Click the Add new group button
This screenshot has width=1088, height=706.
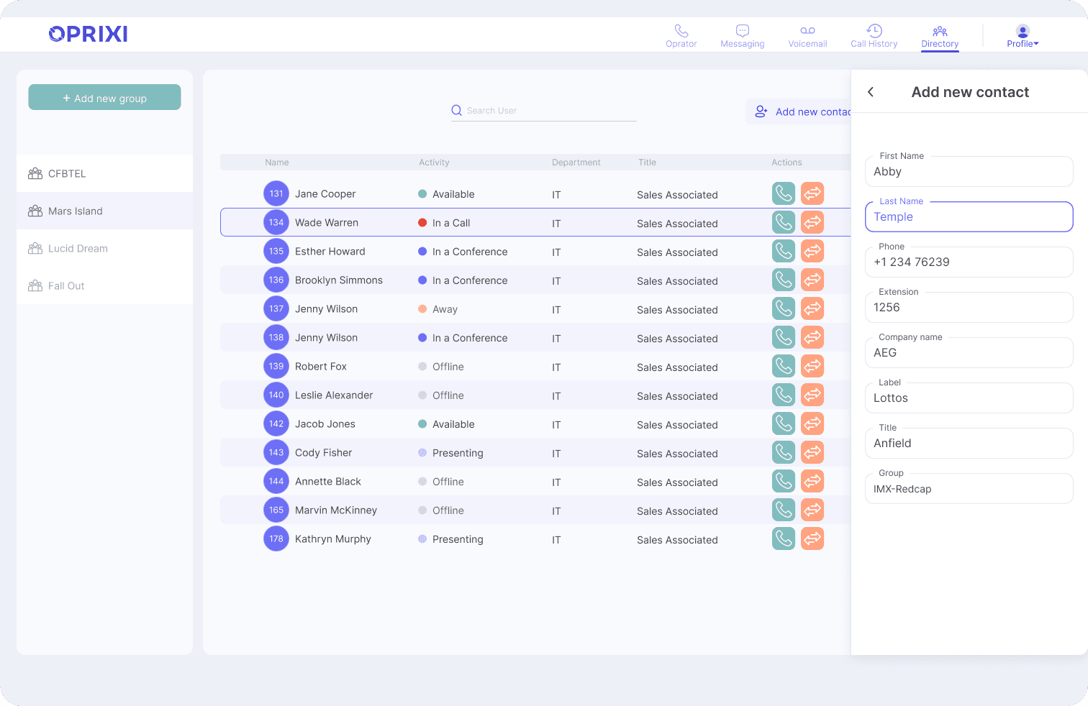[104, 98]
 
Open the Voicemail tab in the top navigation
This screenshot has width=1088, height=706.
[807, 37]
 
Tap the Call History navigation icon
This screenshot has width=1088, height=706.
[874, 31]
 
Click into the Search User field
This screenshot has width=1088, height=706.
[543, 111]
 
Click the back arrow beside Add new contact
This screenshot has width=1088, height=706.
[871, 92]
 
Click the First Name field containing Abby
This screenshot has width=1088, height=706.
[969, 171]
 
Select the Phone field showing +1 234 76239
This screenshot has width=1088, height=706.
[969, 262]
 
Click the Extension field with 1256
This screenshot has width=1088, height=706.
[969, 307]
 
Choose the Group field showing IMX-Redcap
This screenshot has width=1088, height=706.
[969, 489]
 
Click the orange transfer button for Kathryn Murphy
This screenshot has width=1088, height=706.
[812, 538]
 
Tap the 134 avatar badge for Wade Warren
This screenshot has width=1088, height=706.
[276, 222]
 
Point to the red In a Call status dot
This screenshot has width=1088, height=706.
[422, 223]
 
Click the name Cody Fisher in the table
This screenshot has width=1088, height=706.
[323, 453]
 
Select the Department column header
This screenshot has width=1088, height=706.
[576, 162]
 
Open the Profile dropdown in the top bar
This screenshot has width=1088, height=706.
[1023, 37]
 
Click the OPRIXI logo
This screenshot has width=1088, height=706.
[88, 34]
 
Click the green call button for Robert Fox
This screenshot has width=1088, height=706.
[784, 367]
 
